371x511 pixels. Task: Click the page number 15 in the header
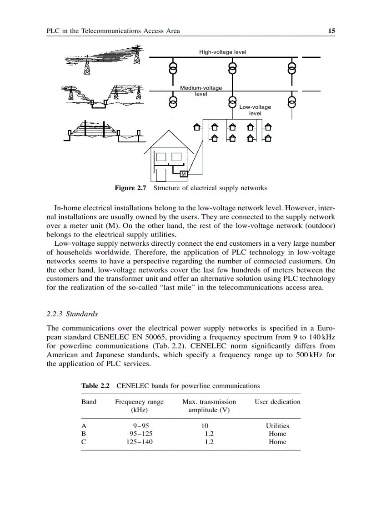(331, 31)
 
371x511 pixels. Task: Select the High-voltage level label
(223, 52)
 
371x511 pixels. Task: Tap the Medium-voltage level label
(201, 91)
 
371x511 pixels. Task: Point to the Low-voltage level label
(255, 110)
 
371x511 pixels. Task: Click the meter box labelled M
(184, 174)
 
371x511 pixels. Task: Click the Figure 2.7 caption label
(130, 188)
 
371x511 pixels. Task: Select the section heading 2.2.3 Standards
(72, 314)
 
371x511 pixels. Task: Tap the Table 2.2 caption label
(95, 386)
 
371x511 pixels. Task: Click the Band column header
(89, 402)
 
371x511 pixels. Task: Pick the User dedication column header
(277, 402)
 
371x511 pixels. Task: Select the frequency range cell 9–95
(139, 426)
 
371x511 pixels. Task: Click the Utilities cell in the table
(277, 426)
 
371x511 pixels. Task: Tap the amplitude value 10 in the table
(205, 426)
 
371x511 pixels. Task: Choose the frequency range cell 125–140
(139, 441)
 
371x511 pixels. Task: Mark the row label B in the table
(83, 434)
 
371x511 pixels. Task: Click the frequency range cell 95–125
(139, 434)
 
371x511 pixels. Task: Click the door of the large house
(161, 175)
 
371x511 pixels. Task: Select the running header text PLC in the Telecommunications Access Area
(113, 31)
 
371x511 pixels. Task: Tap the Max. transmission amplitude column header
(209, 406)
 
